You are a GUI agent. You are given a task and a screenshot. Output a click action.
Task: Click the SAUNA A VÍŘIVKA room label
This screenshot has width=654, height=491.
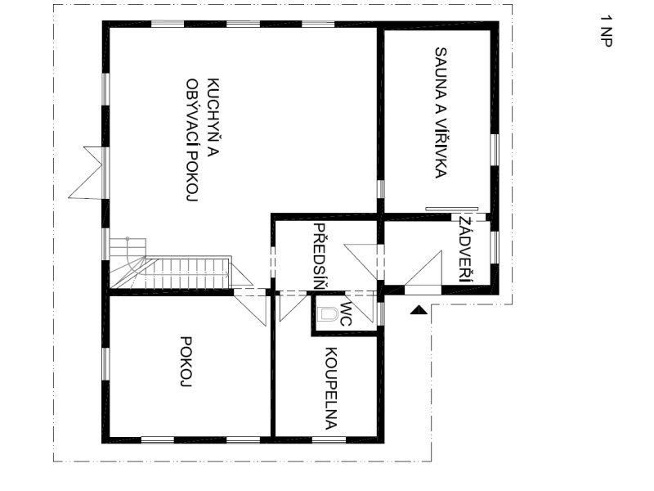coord(441,113)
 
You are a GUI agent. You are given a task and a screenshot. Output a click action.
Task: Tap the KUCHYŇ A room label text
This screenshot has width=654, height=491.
coord(213,119)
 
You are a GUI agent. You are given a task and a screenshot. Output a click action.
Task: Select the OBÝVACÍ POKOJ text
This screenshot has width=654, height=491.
coord(191,140)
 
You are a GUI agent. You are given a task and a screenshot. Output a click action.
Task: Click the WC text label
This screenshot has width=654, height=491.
coord(345,314)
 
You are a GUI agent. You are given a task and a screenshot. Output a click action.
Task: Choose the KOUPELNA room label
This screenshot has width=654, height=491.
coord(331,388)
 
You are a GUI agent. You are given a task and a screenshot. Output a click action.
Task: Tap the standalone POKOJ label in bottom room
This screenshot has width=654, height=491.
coord(186,362)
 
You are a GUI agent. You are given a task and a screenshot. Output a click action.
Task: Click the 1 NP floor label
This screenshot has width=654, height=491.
coord(607,31)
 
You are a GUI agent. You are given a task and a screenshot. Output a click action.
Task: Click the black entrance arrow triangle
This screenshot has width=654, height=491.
coord(418,310)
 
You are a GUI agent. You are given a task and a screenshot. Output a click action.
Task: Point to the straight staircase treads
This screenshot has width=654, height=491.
coord(188,273)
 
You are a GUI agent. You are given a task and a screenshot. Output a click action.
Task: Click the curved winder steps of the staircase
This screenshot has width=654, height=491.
coord(128,263)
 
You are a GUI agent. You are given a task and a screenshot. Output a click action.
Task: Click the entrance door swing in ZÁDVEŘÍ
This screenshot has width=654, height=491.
coord(423,269)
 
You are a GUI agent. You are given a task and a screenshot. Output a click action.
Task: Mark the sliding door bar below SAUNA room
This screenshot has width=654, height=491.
coord(452,208)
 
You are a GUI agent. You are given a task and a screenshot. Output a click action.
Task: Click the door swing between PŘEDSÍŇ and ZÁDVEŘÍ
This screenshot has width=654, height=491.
coord(361,262)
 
